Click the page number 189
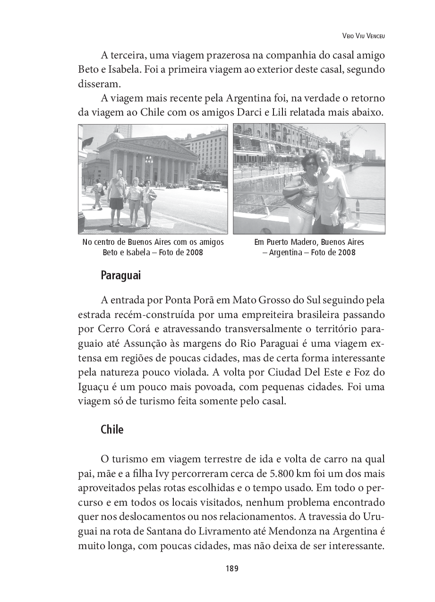tap(231, 569)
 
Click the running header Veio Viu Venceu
tap(363, 36)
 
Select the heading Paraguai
tap(120, 276)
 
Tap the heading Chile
tap(112, 430)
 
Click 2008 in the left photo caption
tap(194, 252)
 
